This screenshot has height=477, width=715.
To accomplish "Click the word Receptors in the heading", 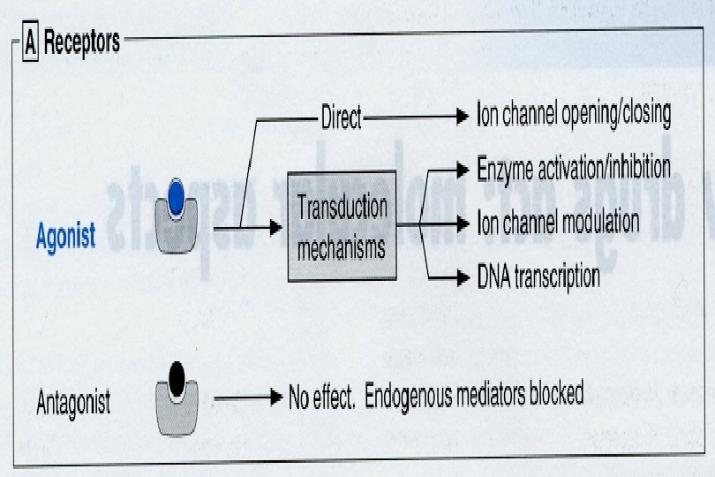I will tap(81, 42).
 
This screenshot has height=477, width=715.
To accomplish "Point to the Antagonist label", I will tap(74, 404).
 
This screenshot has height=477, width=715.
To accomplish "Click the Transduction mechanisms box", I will tap(342, 227).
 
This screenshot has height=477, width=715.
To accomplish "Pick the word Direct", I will tap(341, 117).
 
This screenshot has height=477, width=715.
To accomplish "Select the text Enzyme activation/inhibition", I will tap(574, 168).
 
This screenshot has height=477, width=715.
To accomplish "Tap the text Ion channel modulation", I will tap(558, 221).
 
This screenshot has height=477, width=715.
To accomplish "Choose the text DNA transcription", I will tap(538, 276).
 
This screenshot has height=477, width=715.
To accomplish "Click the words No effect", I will tap(321, 397).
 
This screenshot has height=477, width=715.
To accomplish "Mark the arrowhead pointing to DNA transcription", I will tap(462, 278).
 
